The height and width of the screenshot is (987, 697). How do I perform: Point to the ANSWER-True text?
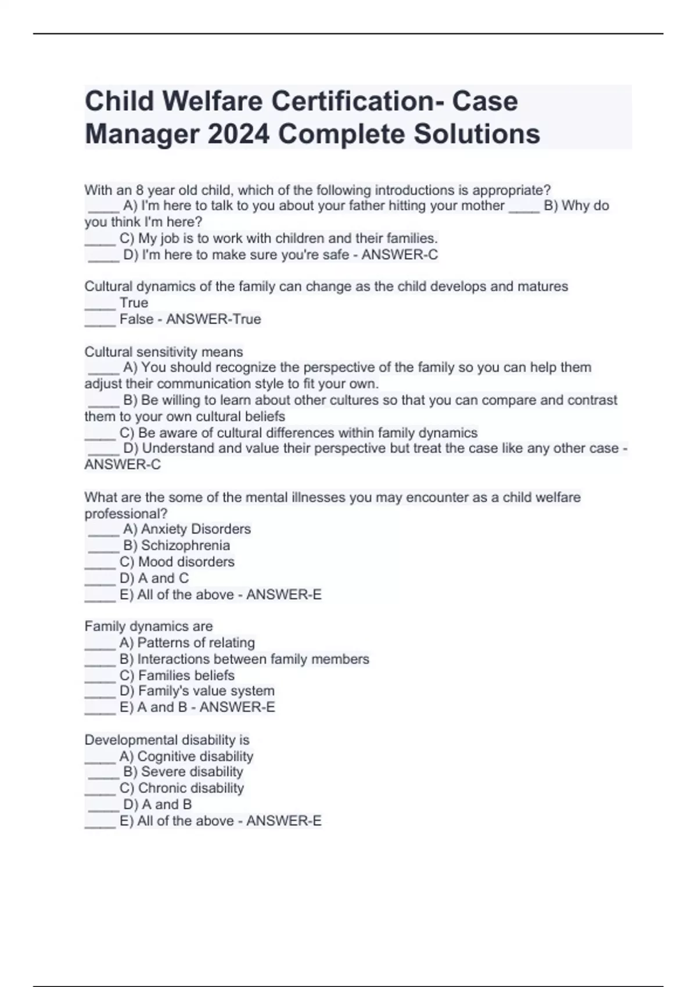click(x=213, y=319)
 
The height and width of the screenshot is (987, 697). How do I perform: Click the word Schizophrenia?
click(x=185, y=545)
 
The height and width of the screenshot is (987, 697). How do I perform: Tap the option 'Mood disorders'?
click(x=186, y=561)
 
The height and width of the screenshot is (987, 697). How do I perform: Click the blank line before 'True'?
click(x=100, y=304)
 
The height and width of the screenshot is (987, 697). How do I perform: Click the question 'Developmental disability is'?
click(x=167, y=740)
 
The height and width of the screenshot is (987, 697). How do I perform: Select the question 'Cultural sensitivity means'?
click(x=164, y=352)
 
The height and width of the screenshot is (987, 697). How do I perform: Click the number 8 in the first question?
click(x=140, y=190)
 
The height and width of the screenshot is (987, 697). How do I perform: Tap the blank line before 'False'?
click(x=100, y=320)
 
